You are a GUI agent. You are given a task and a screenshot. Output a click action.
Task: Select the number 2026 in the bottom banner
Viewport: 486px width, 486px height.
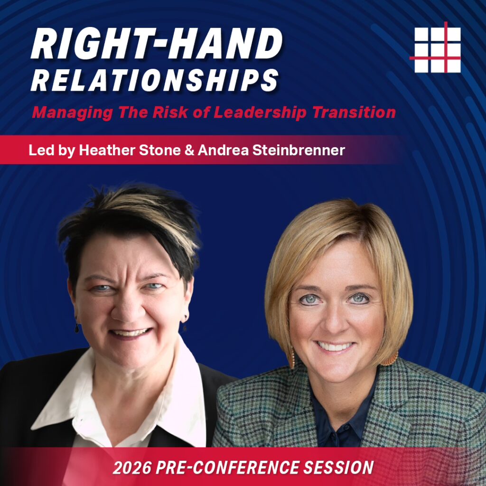click(129, 467)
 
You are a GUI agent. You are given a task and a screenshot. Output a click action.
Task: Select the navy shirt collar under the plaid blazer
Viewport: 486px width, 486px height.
click(327, 408)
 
